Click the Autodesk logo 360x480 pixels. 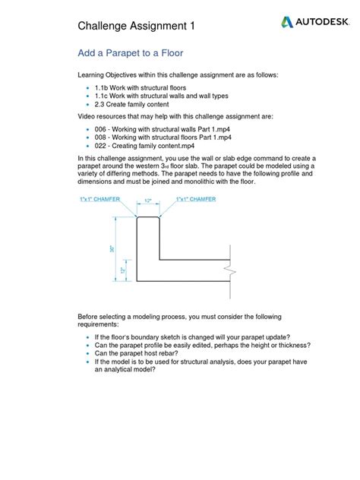(312, 23)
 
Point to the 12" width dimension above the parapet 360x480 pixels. (148, 201)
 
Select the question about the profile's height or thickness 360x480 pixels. (202, 346)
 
